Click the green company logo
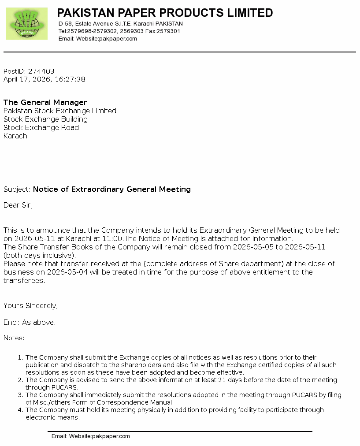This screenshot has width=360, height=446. point(27,23)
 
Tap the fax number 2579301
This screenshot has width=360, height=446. point(169,31)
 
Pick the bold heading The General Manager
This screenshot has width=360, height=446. point(45,102)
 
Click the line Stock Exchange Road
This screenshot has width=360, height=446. point(41,128)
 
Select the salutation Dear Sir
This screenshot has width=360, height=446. point(18,205)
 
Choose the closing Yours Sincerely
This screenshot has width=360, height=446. point(30,306)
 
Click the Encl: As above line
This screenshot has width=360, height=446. point(30,323)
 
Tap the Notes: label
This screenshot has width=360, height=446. point(14,338)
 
